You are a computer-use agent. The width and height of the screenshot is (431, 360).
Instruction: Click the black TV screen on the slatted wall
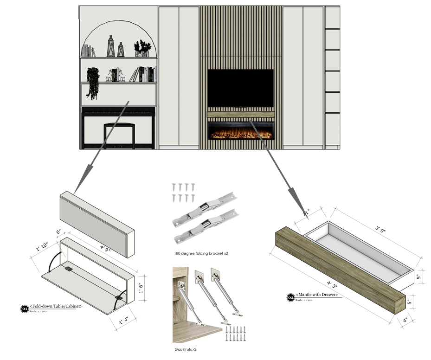pos(240,88)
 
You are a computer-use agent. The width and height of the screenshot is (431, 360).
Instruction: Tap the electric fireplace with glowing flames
pos(240,131)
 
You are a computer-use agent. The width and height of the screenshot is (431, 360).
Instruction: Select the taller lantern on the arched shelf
pos(111,46)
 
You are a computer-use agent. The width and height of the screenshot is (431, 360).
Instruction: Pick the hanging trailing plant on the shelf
pos(93,83)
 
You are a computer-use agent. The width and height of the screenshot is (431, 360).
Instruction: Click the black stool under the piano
pos(119,135)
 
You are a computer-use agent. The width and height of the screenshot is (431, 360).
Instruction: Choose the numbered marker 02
pos(290,297)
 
